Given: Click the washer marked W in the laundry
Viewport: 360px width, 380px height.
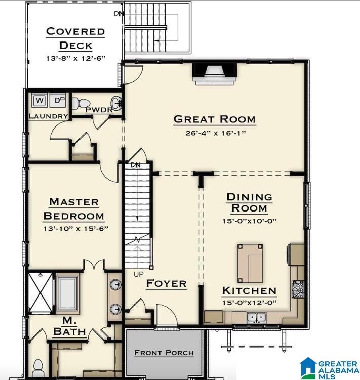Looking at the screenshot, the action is (x=39, y=100).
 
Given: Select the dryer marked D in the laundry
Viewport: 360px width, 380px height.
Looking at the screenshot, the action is (x=58, y=100).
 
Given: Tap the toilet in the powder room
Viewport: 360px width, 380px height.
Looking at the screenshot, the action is (x=81, y=103).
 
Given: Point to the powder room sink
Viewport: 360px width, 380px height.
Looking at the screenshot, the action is (x=116, y=104).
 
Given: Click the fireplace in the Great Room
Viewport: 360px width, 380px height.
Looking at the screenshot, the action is (x=215, y=73).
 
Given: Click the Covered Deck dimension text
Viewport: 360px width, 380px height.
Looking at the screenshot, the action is (x=76, y=58).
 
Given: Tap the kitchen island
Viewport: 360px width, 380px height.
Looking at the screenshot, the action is (x=250, y=264).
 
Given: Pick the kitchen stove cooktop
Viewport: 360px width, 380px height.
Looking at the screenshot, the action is (x=298, y=289).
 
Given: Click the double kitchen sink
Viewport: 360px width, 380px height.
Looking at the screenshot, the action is (x=257, y=317).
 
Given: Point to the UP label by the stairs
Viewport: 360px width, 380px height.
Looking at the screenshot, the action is (x=139, y=274).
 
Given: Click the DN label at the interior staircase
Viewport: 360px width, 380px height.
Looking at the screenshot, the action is (x=135, y=165).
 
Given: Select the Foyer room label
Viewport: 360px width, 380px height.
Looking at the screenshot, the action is (x=167, y=283).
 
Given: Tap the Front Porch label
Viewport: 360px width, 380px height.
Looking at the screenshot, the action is (x=164, y=353).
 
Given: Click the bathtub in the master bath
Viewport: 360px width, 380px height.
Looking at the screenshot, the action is (x=67, y=293).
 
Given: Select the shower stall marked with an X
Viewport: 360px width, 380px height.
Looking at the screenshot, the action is (x=41, y=293).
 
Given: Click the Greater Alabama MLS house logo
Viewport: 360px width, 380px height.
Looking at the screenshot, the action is (x=308, y=368).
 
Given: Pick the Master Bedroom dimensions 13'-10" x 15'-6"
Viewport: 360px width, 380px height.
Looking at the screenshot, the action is (x=76, y=229).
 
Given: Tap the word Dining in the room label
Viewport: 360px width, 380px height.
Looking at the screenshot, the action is (x=250, y=197).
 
